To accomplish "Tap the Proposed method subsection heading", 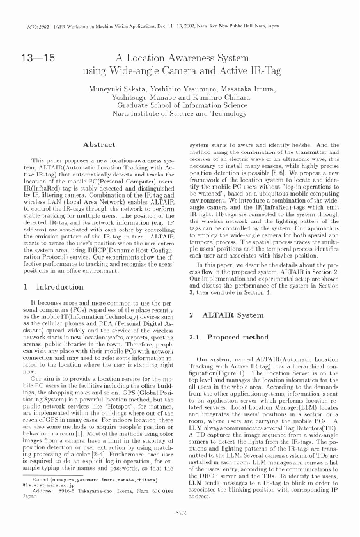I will [227, 336].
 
